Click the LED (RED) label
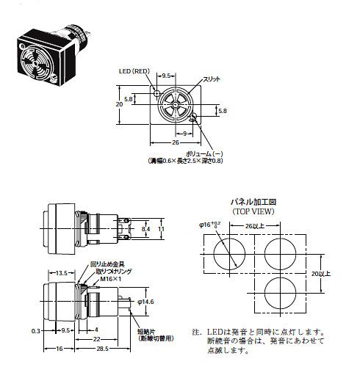135,72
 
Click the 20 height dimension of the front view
119,104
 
